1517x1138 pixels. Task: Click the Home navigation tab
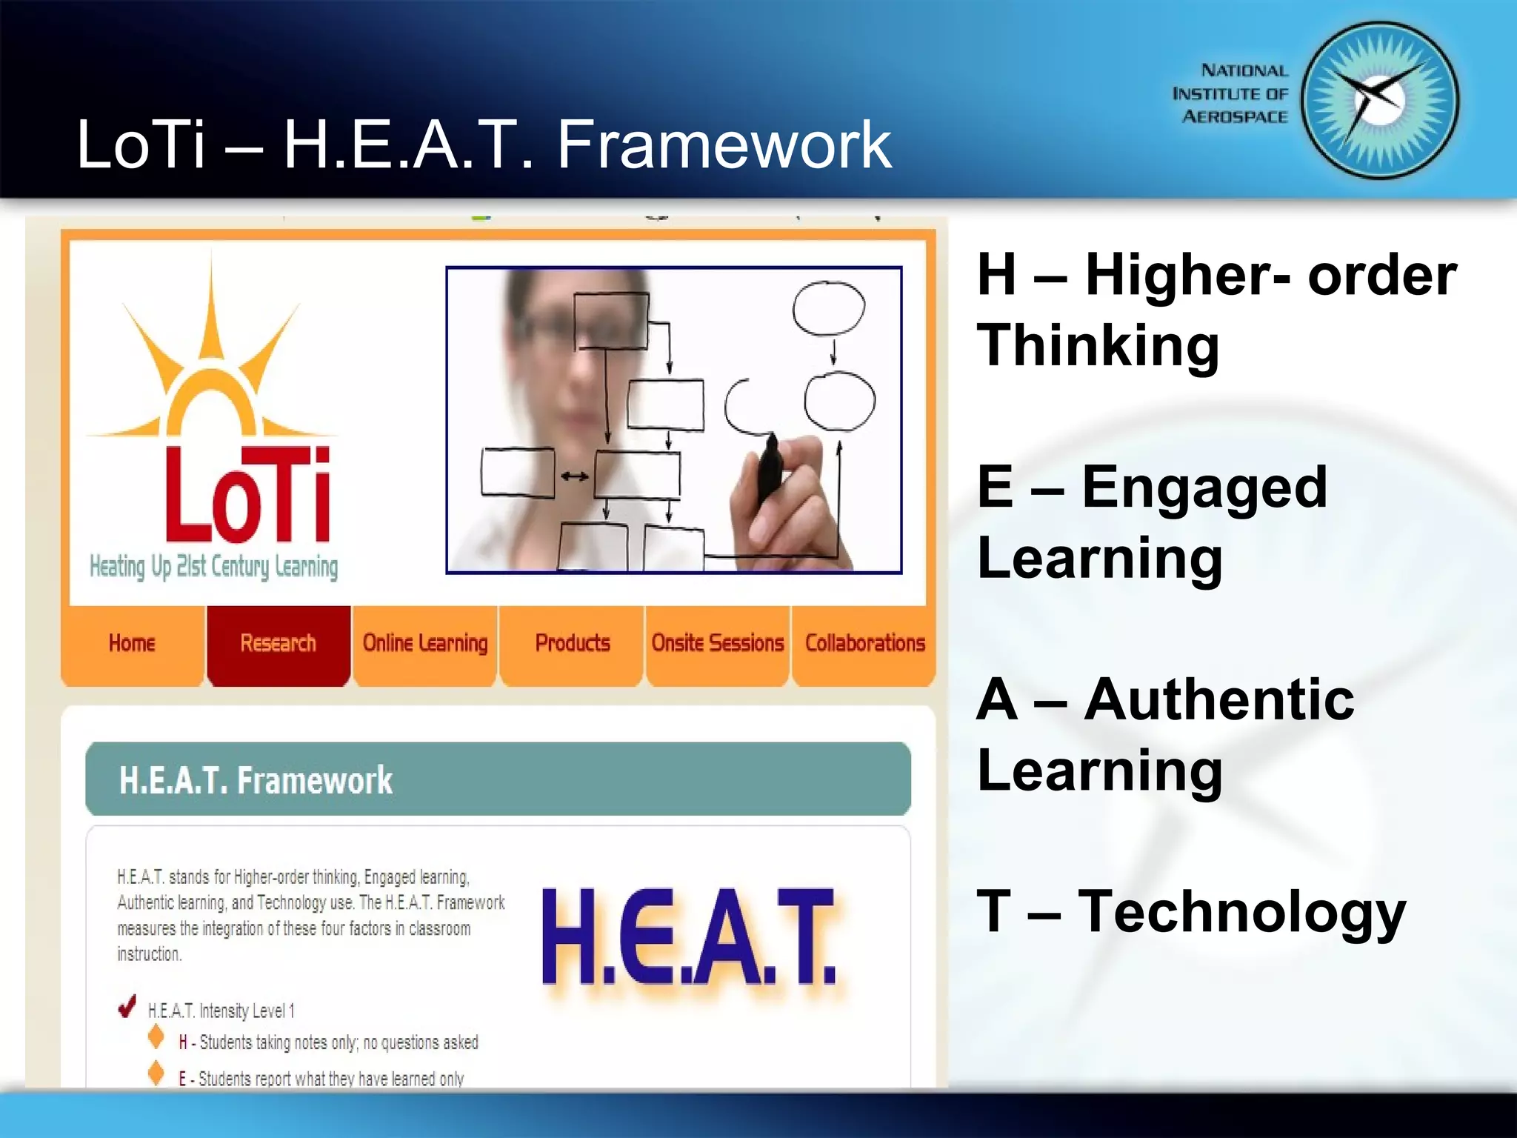132,642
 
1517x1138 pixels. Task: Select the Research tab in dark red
278,642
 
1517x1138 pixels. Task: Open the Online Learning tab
424,642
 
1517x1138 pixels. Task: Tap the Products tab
572,642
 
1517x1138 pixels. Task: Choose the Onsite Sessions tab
717,642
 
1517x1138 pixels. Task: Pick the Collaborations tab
864,642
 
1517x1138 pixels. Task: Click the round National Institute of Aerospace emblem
1379,101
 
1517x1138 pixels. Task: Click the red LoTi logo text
247,495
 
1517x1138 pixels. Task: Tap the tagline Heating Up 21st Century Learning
213,567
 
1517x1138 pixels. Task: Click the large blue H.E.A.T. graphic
688,936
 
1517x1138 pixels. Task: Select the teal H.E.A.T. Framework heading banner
498,779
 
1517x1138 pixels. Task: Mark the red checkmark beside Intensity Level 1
127,1006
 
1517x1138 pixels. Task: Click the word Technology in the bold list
1241,912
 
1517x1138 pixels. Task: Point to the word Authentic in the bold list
1218,699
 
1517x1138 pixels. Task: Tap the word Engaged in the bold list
1204,488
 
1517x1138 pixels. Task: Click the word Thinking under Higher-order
1098,345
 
